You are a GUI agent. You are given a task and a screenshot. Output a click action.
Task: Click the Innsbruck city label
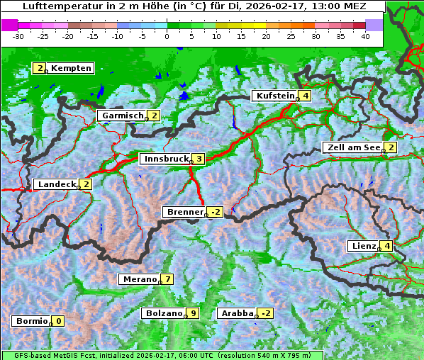(x=164, y=159)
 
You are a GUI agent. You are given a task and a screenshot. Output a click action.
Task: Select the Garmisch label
(x=122, y=116)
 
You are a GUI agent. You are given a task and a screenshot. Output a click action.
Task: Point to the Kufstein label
(x=274, y=96)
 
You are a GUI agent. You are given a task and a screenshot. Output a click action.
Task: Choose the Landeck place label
(x=56, y=184)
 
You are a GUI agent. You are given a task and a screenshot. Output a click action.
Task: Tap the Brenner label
(x=184, y=212)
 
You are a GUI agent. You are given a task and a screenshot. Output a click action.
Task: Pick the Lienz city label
(x=363, y=246)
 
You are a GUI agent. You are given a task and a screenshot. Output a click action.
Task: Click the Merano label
(x=139, y=279)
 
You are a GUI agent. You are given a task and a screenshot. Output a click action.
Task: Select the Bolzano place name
(x=163, y=313)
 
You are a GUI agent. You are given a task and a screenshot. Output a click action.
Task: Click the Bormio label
(x=31, y=321)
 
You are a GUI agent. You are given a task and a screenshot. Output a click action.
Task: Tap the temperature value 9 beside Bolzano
(x=193, y=313)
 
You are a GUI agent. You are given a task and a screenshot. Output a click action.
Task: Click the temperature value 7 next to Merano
(x=167, y=279)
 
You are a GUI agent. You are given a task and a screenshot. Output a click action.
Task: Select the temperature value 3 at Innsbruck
(x=200, y=159)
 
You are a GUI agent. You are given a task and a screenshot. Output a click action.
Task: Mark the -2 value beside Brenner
(x=216, y=212)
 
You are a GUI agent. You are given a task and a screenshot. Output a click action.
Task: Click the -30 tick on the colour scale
(x=18, y=36)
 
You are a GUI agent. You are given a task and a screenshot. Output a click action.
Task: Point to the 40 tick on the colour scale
(x=366, y=36)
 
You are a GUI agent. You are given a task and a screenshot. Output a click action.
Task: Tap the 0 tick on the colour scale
(x=167, y=36)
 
